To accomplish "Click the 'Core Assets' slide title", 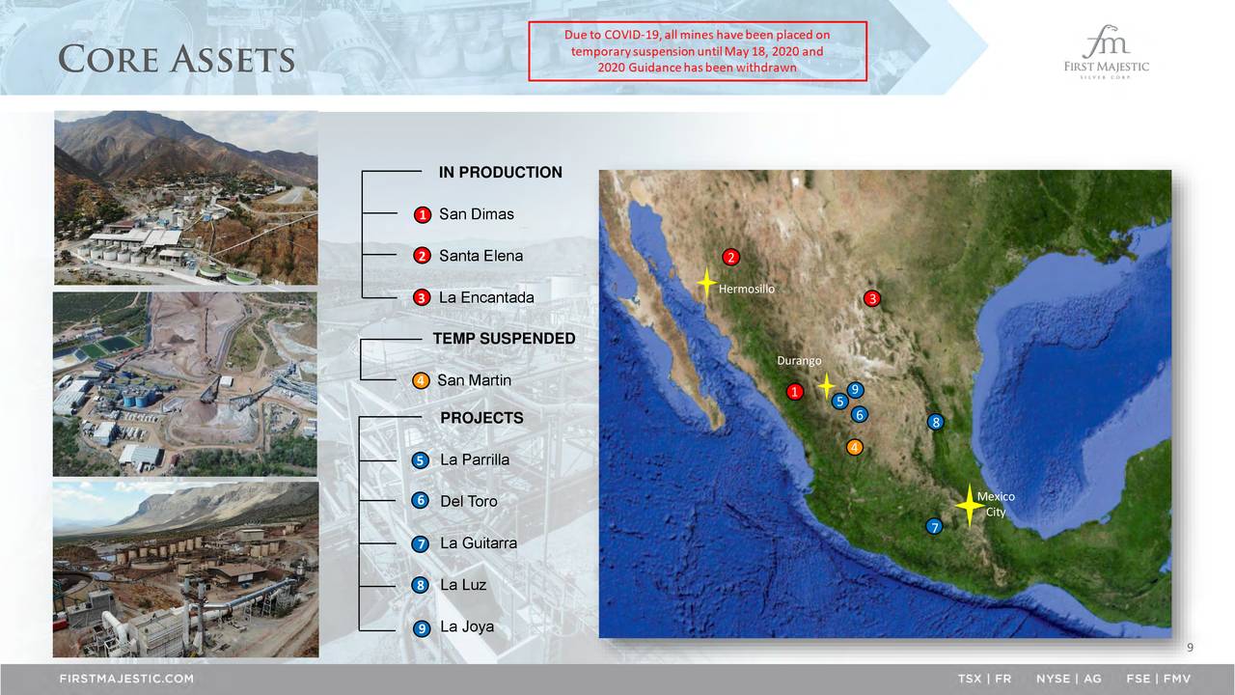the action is [x=177, y=59].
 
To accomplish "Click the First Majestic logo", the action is [x=1106, y=52].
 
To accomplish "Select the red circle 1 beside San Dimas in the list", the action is [x=423, y=214].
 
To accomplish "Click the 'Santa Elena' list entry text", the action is [x=480, y=256].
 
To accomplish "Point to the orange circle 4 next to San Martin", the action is [x=421, y=380].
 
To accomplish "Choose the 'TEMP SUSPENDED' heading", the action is [x=504, y=338].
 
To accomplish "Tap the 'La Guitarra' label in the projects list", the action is [x=479, y=543].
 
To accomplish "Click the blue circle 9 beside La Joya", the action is [x=422, y=628].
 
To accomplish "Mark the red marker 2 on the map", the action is [x=731, y=257].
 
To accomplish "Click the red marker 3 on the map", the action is [x=872, y=299].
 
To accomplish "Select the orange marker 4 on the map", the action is [x=855, y=447].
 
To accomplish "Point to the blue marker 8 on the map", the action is [x=936, y=423].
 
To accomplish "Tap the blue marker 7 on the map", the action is [x=934, y=527].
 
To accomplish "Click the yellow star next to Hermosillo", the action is [x=706, y=283].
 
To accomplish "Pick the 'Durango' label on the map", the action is [x=799, y=361].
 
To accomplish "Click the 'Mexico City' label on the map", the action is [x=996, y=504].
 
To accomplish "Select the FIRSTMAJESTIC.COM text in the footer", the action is [x=126, y=679].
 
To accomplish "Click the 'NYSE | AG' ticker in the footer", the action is [x=1068, y=679].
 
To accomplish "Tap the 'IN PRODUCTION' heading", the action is [x=501, y=172].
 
